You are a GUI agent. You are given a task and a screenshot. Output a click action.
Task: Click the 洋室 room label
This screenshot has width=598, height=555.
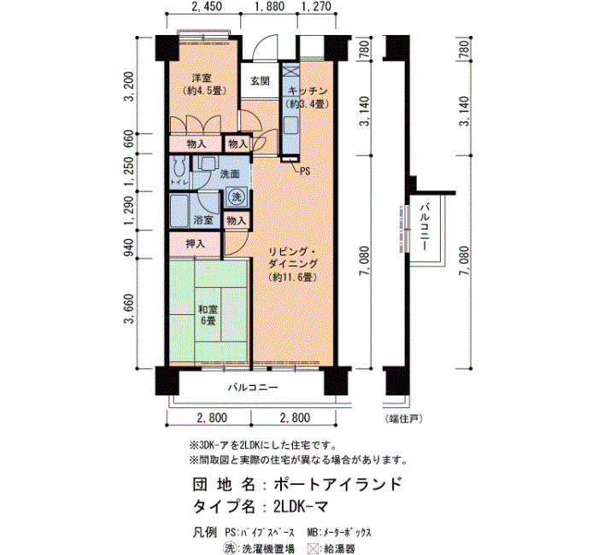[x=202, y=79]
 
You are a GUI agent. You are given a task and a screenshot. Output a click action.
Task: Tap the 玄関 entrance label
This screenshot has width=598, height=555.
[x=260, y=81]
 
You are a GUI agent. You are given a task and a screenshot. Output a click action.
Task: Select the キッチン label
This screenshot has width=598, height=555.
[x=308, y=91]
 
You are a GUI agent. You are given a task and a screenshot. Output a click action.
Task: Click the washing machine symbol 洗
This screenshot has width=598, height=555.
[x=237, y=197]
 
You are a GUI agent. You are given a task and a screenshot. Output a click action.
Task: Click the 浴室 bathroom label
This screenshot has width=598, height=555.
[x=203, y=220]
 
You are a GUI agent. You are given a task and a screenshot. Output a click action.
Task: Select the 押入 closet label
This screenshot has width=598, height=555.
[x=196, y=244]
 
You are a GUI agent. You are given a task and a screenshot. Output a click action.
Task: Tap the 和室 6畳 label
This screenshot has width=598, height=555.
[x=208, y=315]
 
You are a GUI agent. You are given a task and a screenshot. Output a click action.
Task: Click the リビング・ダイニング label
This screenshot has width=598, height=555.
[x=293, y=258]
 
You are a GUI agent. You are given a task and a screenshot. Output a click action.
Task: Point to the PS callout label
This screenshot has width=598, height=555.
[x=305, y=172]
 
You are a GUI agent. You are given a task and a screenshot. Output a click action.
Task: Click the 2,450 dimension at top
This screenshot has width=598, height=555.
[x=207, y=7]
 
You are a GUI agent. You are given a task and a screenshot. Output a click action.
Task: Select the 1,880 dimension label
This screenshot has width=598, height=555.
[x=270, y=7]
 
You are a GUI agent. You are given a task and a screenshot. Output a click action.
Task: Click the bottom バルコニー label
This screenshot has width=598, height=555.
[x=253, y=388]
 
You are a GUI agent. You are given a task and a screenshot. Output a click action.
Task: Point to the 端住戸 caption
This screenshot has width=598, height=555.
[x=403, y=419]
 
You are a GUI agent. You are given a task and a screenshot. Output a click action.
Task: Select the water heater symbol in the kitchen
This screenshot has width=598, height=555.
[x=290, y=72]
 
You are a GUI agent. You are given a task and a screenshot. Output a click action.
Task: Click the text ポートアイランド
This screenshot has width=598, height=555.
[x=338, y=484]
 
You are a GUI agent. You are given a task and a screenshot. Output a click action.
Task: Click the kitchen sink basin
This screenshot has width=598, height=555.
[x=290, y=126]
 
